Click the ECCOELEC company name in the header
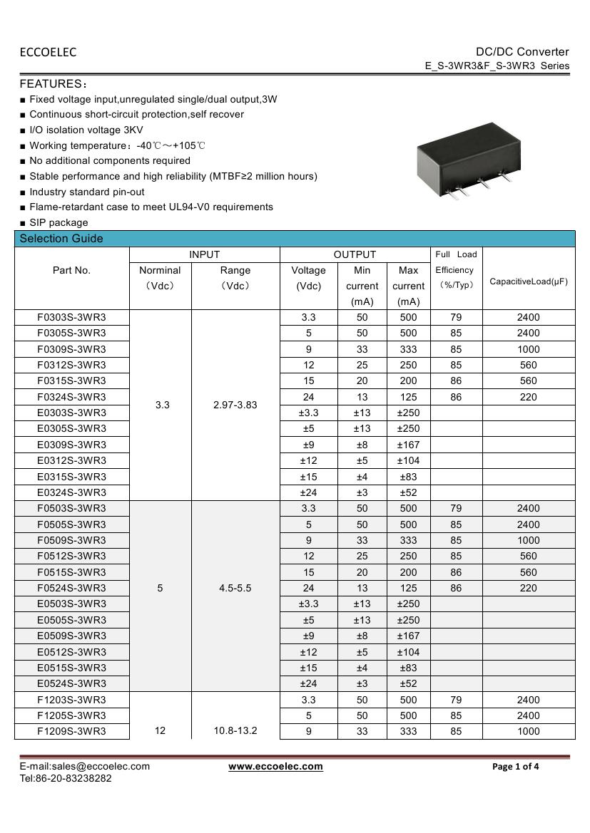coord(48,52)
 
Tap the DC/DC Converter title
coord(522,51)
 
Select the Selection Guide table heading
coord(61,239)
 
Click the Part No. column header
coord(71,270)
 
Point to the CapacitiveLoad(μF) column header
coord(529,281)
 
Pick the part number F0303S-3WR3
coord(71,317)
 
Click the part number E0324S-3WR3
coord(71,492)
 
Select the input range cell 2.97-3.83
coord(235,405)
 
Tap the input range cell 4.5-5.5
coord(235,588)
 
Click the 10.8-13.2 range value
coord(235,731)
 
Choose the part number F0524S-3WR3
coord(71,588)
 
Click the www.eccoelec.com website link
coord(275,767)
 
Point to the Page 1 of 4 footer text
coord(516,767)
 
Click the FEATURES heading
coord(53,84)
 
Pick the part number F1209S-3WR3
coord(71,731)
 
